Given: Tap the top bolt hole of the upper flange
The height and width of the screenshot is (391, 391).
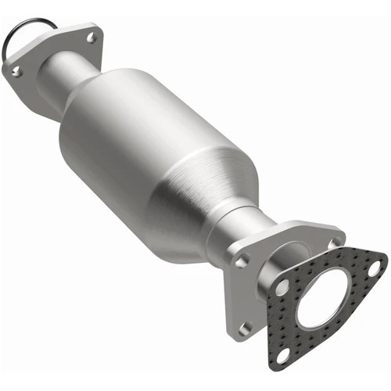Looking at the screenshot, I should (x=91, y=36).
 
